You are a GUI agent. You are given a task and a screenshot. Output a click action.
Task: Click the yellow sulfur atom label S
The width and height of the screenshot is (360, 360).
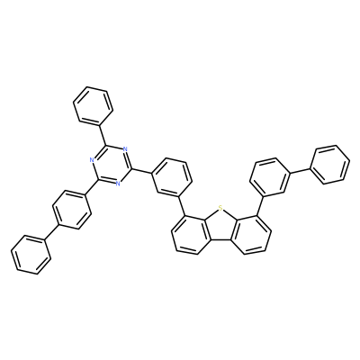[x=220, y=207]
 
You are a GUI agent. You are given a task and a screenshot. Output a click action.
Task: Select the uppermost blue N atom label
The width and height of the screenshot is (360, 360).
[x=125, y=149]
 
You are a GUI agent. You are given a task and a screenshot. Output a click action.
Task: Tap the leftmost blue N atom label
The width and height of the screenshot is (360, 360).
[x=92, y=159]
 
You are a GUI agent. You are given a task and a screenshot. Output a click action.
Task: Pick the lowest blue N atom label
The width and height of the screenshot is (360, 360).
[x=118, y=184]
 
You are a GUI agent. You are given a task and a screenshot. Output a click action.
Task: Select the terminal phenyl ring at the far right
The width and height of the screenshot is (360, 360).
[x=330, y=165]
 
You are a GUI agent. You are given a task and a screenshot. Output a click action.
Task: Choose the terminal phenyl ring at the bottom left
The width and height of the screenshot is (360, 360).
[x=31, y=255]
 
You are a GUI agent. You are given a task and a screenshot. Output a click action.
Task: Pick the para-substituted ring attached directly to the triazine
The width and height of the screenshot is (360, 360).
[x=71, y=210]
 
